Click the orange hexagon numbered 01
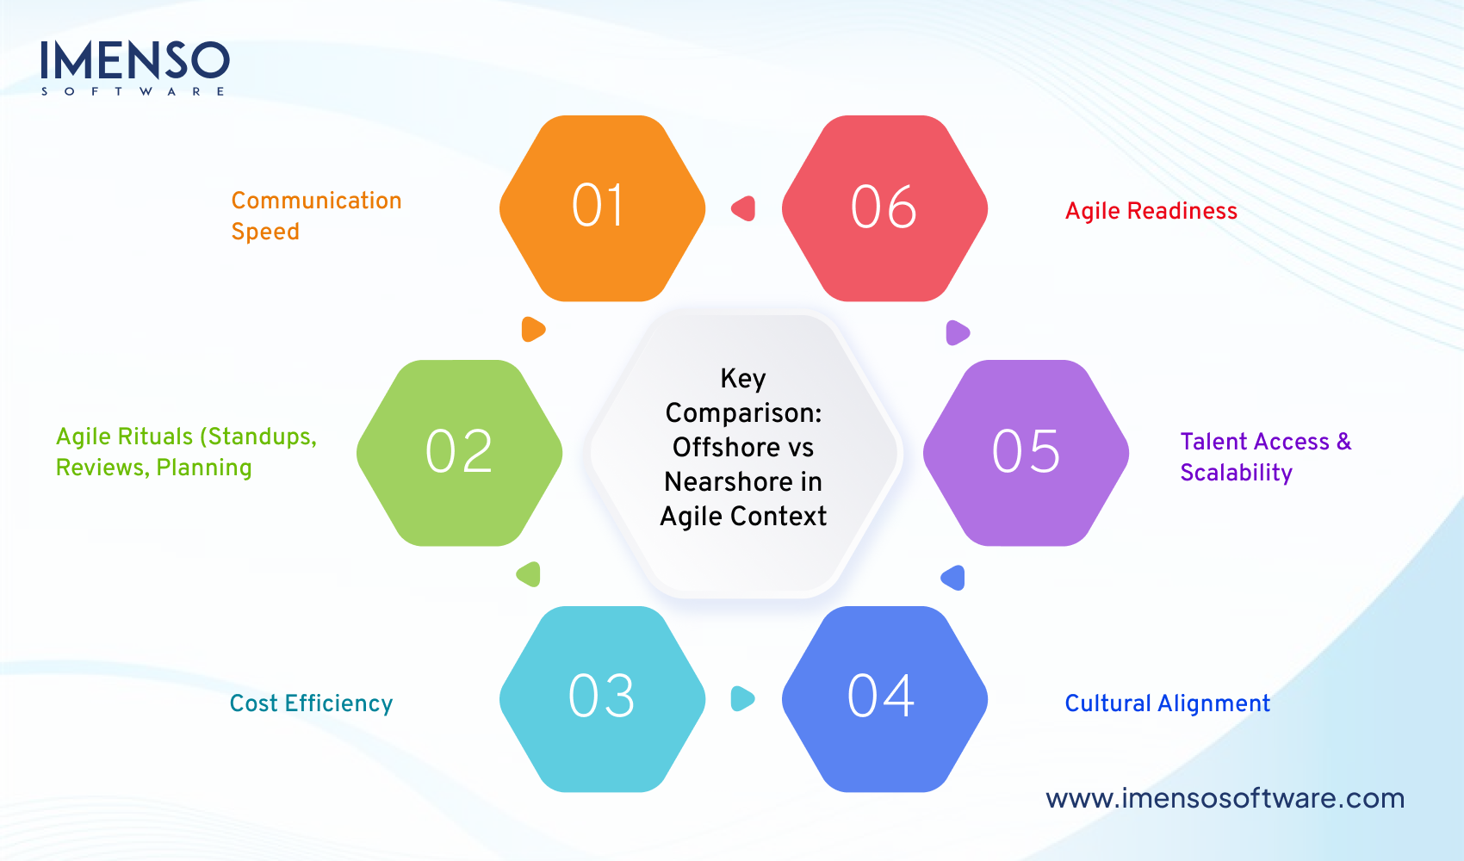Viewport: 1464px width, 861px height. click(602, 208)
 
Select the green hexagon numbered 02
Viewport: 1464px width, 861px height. click(459, 453)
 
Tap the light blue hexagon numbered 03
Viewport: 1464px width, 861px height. click(602, 698)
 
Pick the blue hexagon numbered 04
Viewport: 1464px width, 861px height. click(884, 698)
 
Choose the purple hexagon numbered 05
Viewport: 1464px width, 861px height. click(1026, 453)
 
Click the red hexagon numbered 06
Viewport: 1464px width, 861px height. click(884, 208)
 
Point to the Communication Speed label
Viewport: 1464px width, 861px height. click(316, 216)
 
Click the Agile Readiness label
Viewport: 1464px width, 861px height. click(1151, 211)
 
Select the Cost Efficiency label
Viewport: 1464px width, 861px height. click(311, 703)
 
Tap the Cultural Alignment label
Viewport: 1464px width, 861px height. click(1167, 703)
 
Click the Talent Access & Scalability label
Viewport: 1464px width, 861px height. click(1265, 457)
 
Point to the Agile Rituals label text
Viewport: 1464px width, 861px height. click(186, 452)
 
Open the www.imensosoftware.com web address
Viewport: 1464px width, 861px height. click(1225, 798)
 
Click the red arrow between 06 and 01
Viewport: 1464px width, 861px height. click(744, 208)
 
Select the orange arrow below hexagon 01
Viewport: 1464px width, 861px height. click(533, 329)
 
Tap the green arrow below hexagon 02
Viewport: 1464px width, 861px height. click(529, 574)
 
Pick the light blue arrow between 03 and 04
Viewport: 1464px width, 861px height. click(742, 698)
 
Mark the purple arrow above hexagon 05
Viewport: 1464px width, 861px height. click(957, 332)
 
